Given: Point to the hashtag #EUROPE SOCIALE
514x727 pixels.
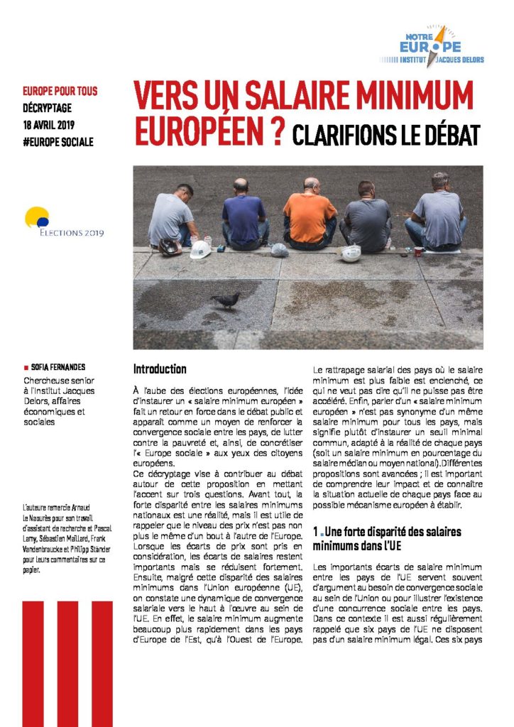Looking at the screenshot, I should (x=58, y=141).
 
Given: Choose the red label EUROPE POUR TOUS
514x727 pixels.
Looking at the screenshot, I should (x=60, y=92).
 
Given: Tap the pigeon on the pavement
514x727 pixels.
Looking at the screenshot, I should (x=225, y=300).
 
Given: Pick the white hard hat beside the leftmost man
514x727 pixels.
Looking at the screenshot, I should (x=200, y=249).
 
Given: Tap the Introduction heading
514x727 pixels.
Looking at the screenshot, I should (x=160, y=369).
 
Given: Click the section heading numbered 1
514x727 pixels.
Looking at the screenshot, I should (x=387, y=537).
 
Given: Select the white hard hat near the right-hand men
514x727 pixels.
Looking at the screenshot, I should (x=351, y=253).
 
